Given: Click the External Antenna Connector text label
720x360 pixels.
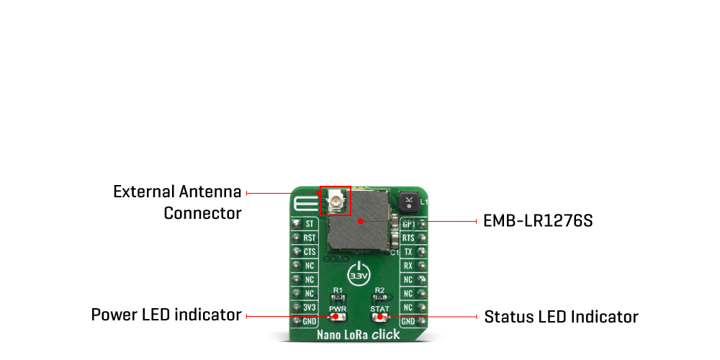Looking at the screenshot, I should (x=177, y=202).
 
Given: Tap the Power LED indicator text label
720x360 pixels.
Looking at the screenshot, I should (x=166, y=315).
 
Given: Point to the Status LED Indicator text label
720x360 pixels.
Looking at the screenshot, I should (x=561, y=317).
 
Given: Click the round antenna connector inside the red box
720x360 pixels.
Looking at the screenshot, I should (x=336, y=199).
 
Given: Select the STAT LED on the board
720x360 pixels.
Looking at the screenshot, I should (x=379, y=317).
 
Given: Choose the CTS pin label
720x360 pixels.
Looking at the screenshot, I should (x=309, y=252).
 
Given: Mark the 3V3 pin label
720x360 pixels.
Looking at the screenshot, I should (x=309, y=307).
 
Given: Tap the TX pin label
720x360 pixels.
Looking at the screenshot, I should (x=408, y=252).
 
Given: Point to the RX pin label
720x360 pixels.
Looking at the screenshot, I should (x=408, y=266).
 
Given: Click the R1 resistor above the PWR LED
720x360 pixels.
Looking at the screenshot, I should (x=338, y=297).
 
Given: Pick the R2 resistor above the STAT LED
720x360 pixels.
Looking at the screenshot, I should (x=379, y=297).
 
